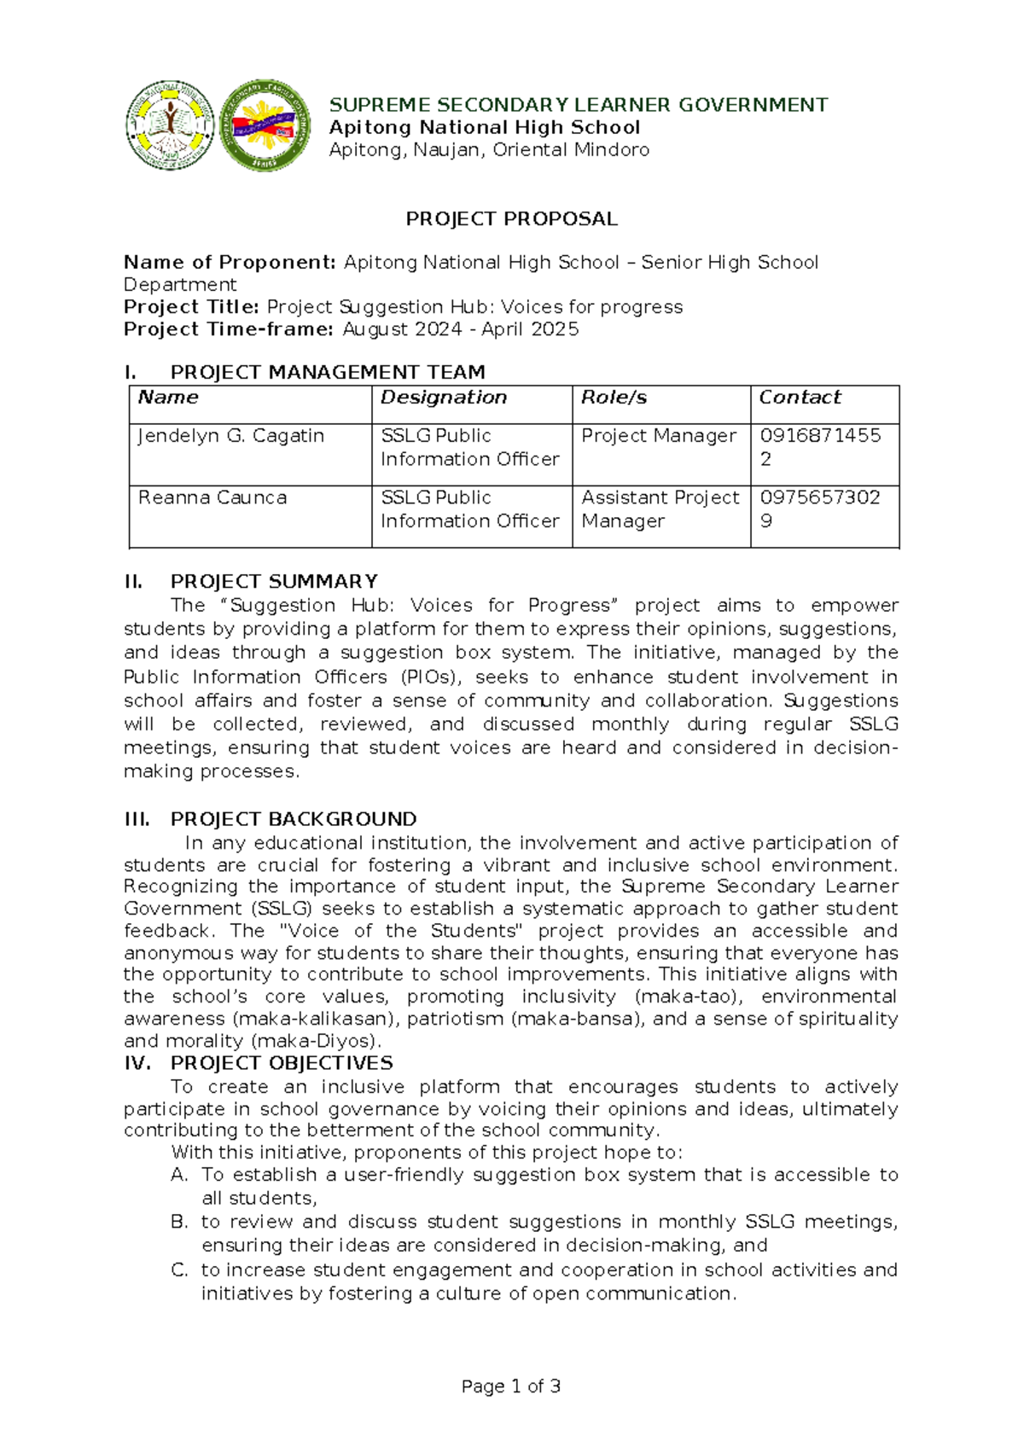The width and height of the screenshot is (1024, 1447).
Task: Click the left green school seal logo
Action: coord(170,125)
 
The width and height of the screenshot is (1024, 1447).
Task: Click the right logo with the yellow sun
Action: coord(265,125)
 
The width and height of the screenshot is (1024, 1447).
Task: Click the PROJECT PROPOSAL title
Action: coord(511,219)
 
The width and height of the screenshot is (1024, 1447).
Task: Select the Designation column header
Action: coord(444,398)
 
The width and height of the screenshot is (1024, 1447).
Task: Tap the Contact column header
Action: coord(800,398)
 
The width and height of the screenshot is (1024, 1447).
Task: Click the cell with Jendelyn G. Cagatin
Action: coord(231,436)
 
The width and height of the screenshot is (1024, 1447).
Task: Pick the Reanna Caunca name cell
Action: coord(212,498)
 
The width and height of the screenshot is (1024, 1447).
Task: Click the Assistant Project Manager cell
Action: coord(660,509)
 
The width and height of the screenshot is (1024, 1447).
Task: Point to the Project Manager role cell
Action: coord(659,436)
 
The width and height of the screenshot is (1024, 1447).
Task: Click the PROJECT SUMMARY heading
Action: coord(273,582)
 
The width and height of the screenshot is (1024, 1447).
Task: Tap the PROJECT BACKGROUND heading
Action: coord(293,819)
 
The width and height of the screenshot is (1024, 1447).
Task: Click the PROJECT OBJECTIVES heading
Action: coord(281,1063)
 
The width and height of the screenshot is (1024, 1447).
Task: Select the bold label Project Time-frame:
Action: coord(228,329)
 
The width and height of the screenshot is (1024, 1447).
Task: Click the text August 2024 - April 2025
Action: coord(461,329)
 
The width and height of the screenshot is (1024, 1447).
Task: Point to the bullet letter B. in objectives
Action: coord(178,1222)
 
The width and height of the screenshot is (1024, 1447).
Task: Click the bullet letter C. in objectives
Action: coord(178,1270)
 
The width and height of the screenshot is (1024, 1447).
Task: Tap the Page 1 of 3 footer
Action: coord(510,1386)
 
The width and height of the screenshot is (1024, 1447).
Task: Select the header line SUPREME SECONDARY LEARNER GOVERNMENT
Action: coord(579,105)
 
